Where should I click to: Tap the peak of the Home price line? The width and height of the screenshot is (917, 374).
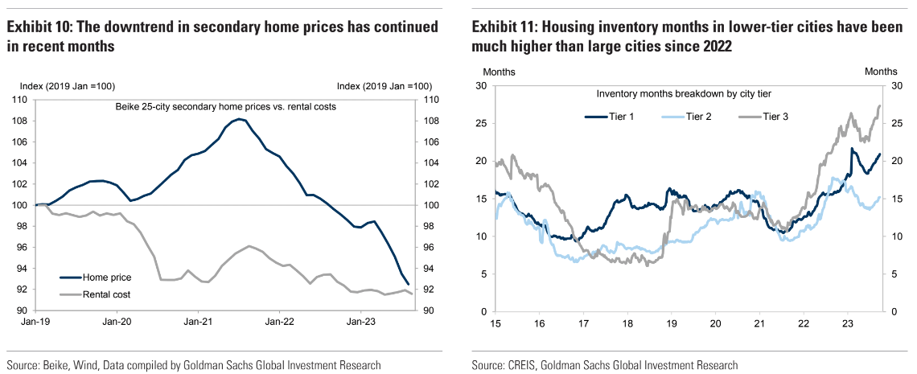coord(240,119)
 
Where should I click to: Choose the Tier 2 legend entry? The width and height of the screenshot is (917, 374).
coord(685,117)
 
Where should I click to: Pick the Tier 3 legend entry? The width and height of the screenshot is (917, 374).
coord(761,117)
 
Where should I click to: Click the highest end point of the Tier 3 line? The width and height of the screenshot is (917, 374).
coord(879,105)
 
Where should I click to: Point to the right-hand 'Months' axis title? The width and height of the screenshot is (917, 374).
coord(881,72)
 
